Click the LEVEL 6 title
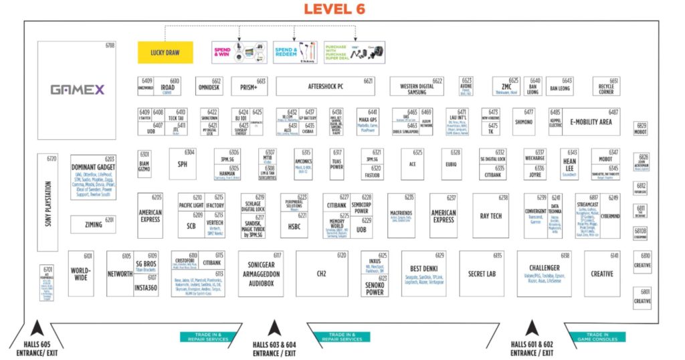[342, 9]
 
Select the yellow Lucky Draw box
[165, 52]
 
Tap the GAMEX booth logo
[77, 89]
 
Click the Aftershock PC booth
[325, 86]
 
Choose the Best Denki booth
[423, 274]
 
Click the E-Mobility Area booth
[591, 122]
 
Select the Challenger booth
[544, 274]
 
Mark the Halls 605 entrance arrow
[36, 329]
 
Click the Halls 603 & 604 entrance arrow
[274, 328]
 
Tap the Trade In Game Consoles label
[599, 337]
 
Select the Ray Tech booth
[490, 216]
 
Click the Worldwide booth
[81, 274]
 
